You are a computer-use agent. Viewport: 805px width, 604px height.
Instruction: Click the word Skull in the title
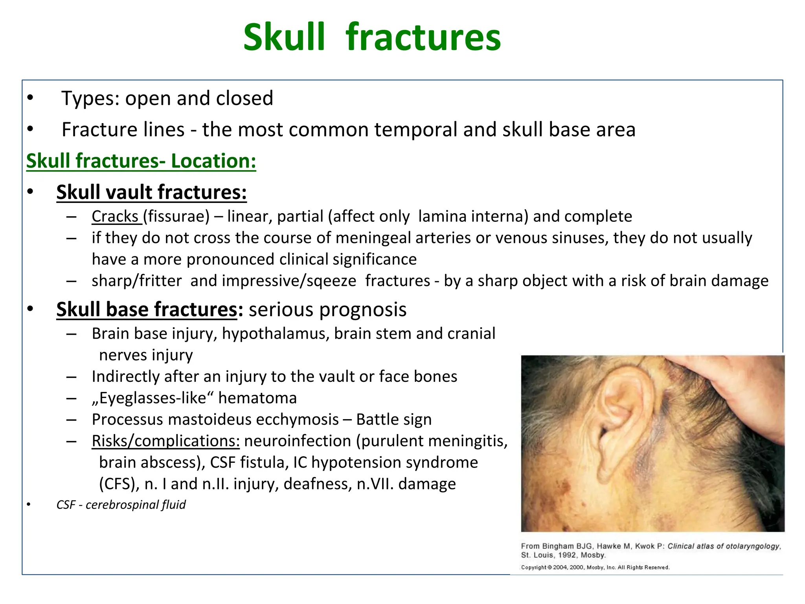284,37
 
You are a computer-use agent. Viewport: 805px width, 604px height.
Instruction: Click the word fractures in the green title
423,37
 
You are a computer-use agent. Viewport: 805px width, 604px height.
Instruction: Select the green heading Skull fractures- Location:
141,161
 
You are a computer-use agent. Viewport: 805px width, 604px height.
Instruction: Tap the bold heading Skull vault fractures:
151,192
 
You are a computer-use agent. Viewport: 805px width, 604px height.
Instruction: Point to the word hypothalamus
276,333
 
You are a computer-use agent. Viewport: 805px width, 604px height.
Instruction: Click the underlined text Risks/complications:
165,441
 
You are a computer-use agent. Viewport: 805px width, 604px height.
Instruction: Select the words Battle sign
394,420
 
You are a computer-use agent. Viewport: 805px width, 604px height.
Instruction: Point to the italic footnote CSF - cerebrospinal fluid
121,505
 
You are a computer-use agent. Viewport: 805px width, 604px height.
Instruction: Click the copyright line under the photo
595,567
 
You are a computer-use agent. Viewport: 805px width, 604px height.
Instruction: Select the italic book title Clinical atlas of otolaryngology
723,546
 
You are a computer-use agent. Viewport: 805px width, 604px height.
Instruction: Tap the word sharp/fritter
136,281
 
